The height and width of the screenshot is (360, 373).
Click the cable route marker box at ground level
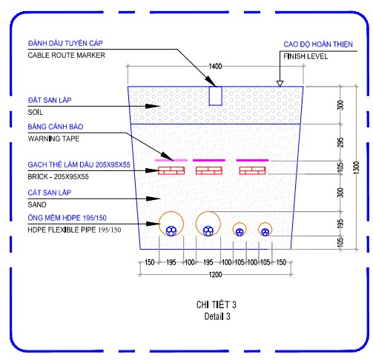click(215, 96)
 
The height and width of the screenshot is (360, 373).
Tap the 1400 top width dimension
click(215, 66)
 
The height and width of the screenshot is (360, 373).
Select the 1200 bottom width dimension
click(215, 275)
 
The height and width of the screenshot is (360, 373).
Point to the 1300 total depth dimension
click(356, 167)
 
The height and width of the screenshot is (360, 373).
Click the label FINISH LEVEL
click(306, 56)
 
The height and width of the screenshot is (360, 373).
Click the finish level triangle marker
click(280, 84)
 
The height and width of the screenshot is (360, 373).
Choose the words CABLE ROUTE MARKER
click(66, 55)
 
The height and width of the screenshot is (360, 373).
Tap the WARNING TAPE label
click(53, 139)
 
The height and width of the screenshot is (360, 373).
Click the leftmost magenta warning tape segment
click(171, 160)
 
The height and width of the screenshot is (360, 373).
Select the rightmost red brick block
click(252, 170)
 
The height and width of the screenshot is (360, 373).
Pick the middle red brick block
click(209, 170)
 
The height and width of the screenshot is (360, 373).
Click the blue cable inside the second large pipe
click(208, 231)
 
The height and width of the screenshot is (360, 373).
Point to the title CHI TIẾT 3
click(217, 304)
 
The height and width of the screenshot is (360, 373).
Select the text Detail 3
click(217, 316)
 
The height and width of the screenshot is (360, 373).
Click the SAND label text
click(37, 204)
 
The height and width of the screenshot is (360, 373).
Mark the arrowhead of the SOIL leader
click(154, 106)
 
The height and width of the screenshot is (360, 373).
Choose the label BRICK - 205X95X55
click(58, 176)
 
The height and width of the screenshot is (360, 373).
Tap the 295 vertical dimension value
click(340, 142)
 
